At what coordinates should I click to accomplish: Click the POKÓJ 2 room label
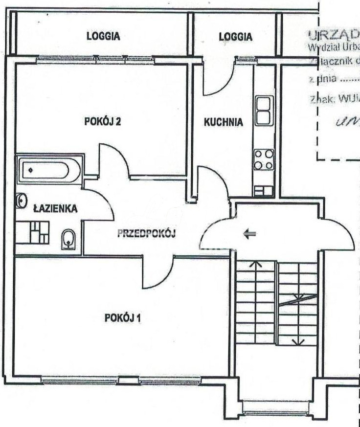pyautogui.click(x=102, y=122)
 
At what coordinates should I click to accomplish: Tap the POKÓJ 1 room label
pyautogui.click(x=123, y=318)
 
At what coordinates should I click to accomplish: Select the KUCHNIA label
pyautogui.click(x=223, y=122)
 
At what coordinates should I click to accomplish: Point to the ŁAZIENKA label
pyautogui.click(x=55, y=209)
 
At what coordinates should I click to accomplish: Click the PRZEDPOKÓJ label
pyautogui.click(x=146, y=233)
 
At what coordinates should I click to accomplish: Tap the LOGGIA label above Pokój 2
pyautogui.click(x=103, y=36)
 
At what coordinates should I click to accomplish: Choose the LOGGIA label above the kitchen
pyautogui.click(x=235, y=36)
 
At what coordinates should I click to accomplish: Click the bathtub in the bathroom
pyautogui.click(x=48, y=170)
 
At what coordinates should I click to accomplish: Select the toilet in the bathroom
pyautogui.click(x=68, y=240)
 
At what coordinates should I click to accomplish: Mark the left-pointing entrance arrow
pyautogui.click(x=250, y=235)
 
